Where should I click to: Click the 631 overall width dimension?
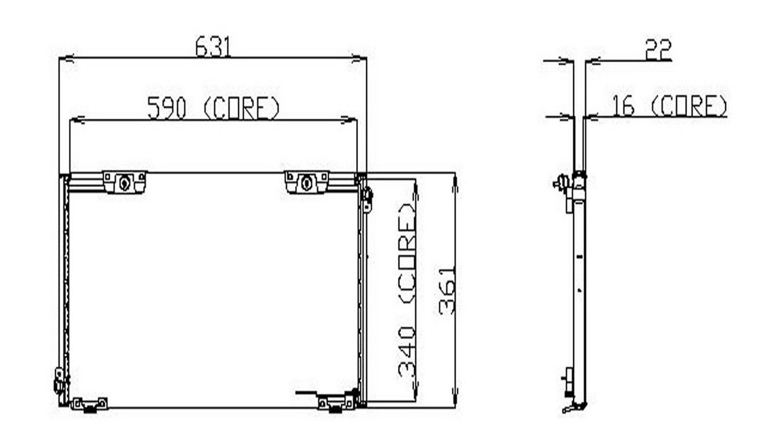pos(213,47)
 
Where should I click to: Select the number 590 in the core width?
pos(166,108)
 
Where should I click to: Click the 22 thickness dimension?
pos(658,50)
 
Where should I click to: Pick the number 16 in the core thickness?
pos(623,106)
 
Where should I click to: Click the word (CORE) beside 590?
pos(242,108)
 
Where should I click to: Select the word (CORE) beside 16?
pos(689,106)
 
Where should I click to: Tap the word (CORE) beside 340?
pos(407,252)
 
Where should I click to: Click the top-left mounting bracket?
pos(124,182)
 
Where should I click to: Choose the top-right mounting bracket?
pos(307,182)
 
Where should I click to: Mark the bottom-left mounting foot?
pos(89,404)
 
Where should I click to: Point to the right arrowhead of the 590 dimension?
pos(351,121)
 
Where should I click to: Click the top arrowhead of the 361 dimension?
pos(455,181)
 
